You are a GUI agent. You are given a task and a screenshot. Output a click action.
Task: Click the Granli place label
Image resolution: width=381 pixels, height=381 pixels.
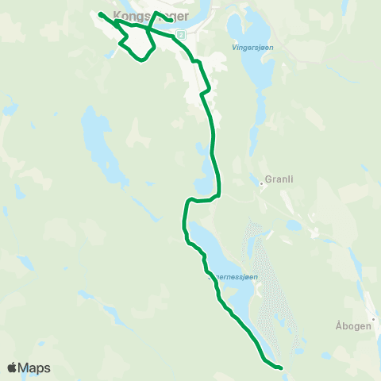pyautogui.click(x=280, y=179)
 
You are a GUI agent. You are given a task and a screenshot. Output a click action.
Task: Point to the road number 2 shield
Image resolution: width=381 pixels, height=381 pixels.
pyautogui.click(x=181, y=35)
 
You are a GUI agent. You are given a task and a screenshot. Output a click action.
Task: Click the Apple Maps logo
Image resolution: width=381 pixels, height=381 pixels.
pyautogui.click(x=29, y=368)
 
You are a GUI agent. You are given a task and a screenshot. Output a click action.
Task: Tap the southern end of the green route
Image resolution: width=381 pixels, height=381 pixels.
pyautogui.click(x=281, y=368)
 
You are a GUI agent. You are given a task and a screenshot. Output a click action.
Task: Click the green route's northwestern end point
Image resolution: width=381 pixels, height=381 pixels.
pyautogui.click(x=99, y=13)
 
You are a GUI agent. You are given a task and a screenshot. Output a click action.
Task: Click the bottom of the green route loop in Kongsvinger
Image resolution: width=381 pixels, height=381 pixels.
pyautogui.click(x=141, y=60)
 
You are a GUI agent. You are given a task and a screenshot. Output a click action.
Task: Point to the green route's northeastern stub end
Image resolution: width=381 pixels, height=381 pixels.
pyautogui.click(x=172, y=20)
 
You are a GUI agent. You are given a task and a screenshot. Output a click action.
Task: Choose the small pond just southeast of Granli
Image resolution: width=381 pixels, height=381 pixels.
pyautogui.click(x=294, y=225)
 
